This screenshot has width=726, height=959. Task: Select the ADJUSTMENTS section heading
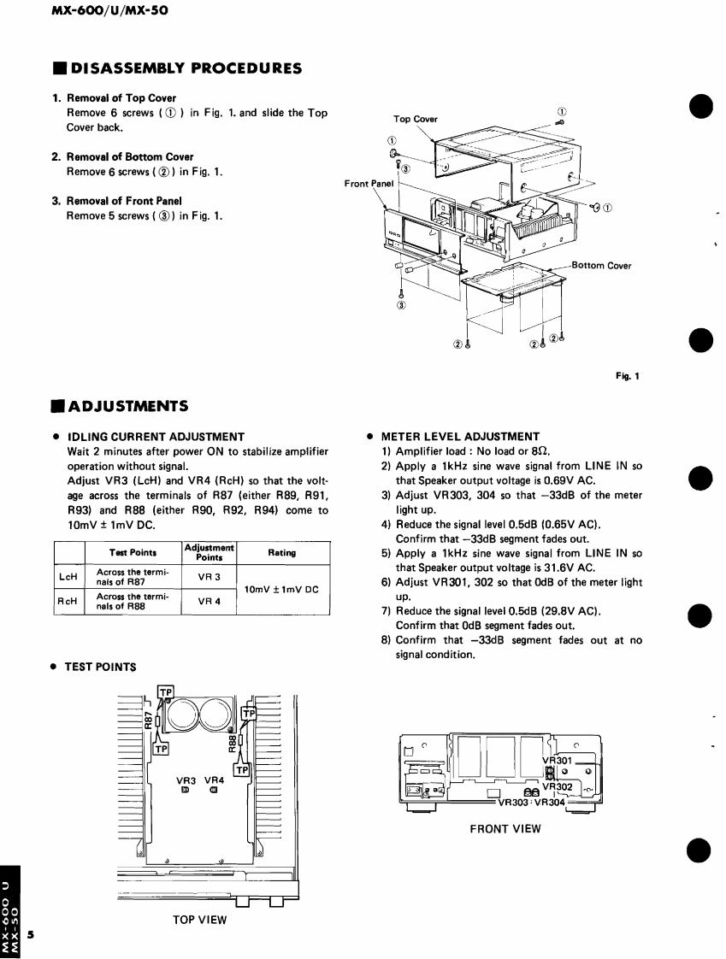(x=128, y=404)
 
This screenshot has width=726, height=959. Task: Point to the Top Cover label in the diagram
(x=415, y=119)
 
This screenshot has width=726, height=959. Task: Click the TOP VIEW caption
(x=199, y=919)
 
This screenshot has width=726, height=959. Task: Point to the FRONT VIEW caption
(x=505, y=827)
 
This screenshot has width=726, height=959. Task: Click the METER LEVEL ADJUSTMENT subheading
(x=460, y=436)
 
